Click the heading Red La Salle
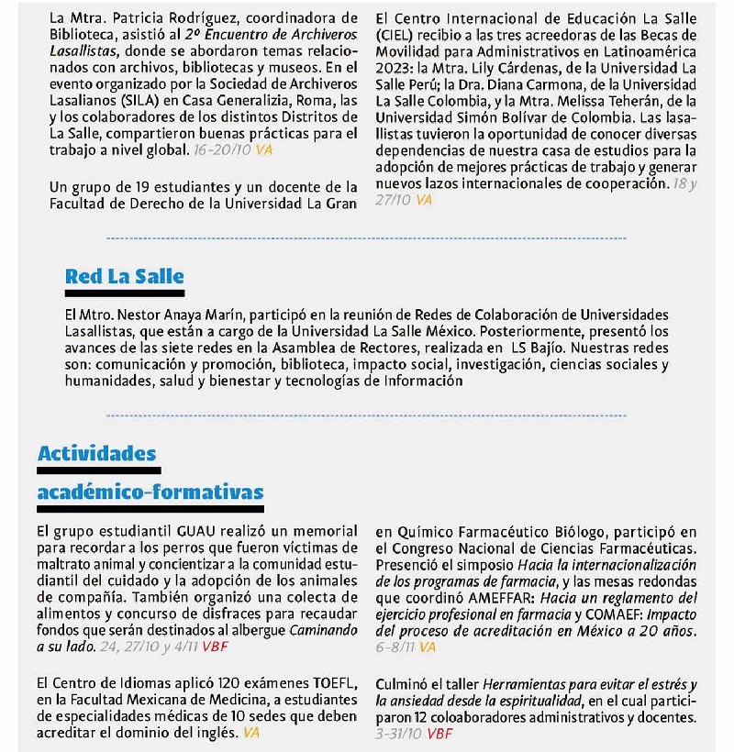[124, 276]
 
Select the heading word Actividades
[96, 453]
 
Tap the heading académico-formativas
[150, 492]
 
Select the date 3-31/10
[398, 734]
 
